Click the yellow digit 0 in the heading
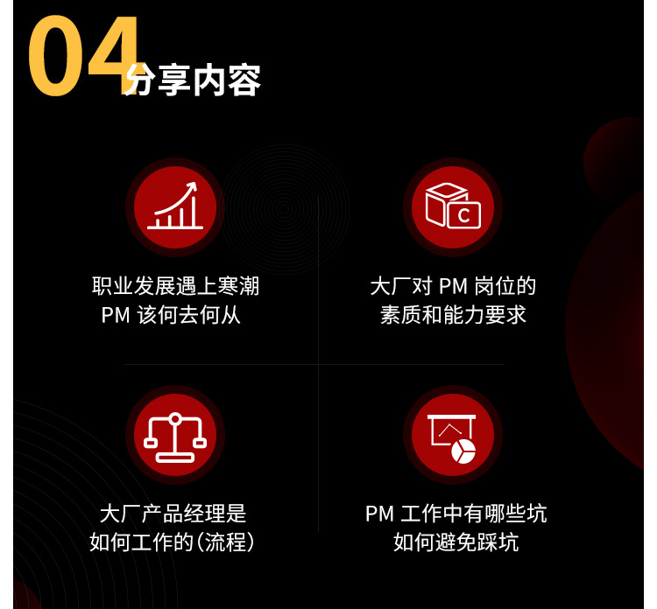tap(55, 56)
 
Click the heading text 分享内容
tap(194, 80)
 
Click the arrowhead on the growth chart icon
tap(193, 185)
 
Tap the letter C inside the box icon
tap(463, 216)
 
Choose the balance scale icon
tap(175, 437)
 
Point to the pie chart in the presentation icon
tap(463, 451)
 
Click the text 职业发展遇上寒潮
tap(175, 286)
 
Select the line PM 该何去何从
tap(171, 315)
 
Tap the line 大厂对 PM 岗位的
tap(453, 286)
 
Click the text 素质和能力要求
tap(453, 315)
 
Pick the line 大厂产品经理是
tap(173, 513)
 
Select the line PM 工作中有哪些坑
tap(456, 513)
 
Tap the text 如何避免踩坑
tap(456, 542)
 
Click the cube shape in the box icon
tap(444, 204)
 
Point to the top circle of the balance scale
tap(175, 418)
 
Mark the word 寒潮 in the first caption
tap(239, 286)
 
